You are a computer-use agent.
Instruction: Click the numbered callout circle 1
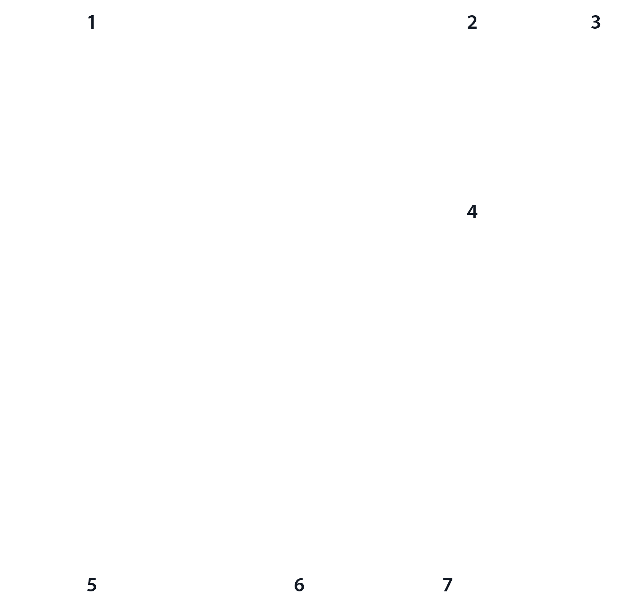tap(92, 23)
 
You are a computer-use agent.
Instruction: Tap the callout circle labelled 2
tap(472, 23)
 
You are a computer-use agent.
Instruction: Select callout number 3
tap(596, 23)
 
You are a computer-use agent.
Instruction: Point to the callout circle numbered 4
tap(472, 212)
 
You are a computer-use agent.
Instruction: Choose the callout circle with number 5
tap(92, 585)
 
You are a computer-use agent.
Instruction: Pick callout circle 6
tap(299, 585)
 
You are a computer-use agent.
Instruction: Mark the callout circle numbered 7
tap(448, 585)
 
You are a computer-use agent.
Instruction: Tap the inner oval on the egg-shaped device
tap(92, 338)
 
